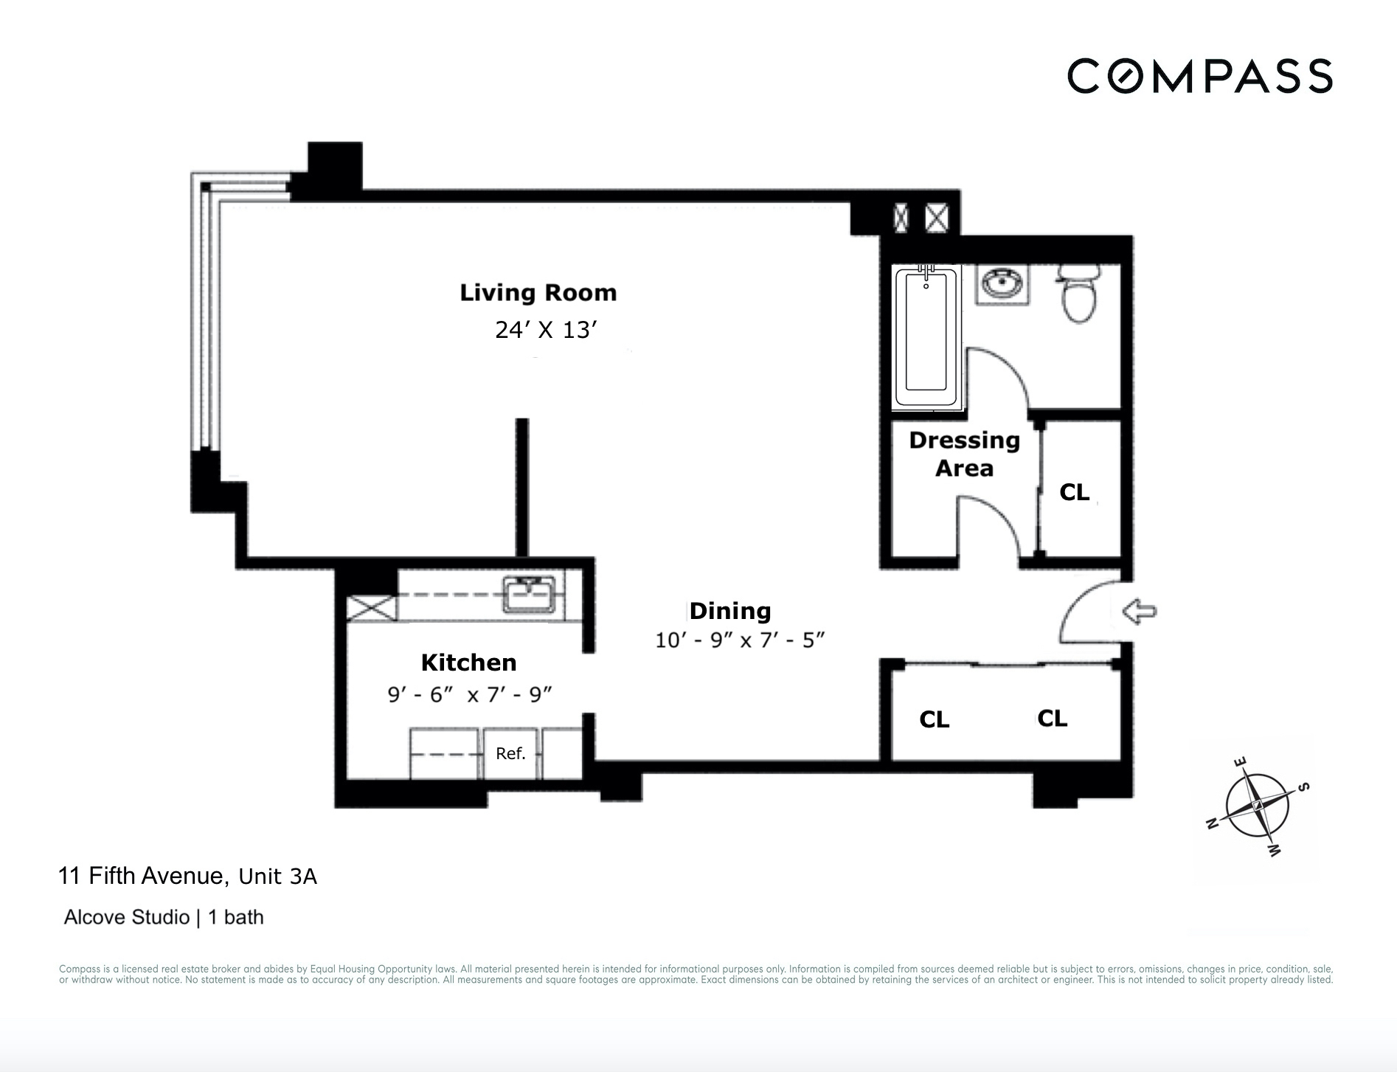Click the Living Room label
coord(538,293)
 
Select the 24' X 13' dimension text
coord(545,330)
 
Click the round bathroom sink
coord(1002,283)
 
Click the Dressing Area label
coord(963,454)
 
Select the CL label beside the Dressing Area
coord(1074,492)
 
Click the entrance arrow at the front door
coord(1139,611)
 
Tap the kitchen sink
coord(529,595)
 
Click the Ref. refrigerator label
coord(510,753)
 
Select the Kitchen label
coord(468,663)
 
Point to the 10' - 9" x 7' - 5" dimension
coord(739,640)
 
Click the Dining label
coord(729,611)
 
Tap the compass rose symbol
coord(1257,806)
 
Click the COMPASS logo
coord(1199,77)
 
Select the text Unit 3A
coord(277,876)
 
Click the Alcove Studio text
coord(127,917)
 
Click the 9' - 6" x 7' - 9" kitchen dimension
coord(470,694)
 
